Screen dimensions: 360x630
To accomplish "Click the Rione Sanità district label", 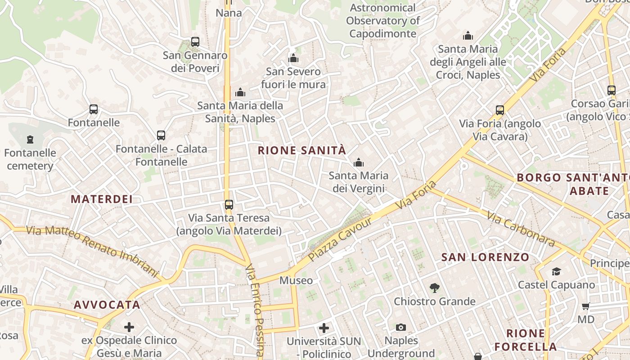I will [x=302, y=150].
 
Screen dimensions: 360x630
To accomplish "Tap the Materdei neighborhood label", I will [x=102, y=199].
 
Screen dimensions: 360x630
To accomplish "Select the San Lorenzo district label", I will [x=485, y=257].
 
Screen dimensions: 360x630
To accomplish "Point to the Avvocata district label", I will [x=107, y=305].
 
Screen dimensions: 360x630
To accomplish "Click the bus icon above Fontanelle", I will [x=93, y=109].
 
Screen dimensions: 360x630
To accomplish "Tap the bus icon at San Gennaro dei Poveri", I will [x=195, y=42].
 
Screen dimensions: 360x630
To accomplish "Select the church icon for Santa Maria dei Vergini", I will [x=358, y=162].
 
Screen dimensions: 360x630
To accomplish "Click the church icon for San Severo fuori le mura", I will [x=293, y=58].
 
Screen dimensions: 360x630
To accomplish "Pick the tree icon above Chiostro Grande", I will [x=434, y=288].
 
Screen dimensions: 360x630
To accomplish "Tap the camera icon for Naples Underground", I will [x=400, y=327].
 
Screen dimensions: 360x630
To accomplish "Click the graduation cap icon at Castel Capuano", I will [x=556, y=271].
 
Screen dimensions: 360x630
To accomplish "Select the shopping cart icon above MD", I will [x=585, y=306].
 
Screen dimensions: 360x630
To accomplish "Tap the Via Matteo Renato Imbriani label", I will [x=92, y=251].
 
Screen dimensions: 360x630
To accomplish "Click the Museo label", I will [x=296, y=280].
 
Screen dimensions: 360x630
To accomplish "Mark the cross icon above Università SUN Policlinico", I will [x=324, y=328].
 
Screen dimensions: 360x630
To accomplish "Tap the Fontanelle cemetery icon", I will [x=30, y=139].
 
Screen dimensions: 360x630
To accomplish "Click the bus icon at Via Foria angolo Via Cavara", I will [x=499, y=110].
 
